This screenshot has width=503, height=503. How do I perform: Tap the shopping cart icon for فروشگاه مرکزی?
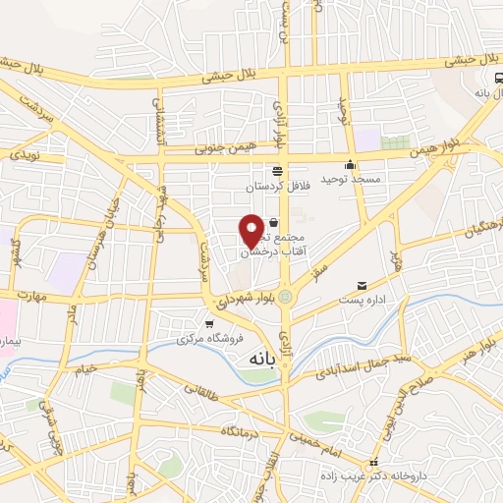[208, 324]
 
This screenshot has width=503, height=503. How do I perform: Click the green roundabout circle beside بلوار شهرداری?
[285, 295]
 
